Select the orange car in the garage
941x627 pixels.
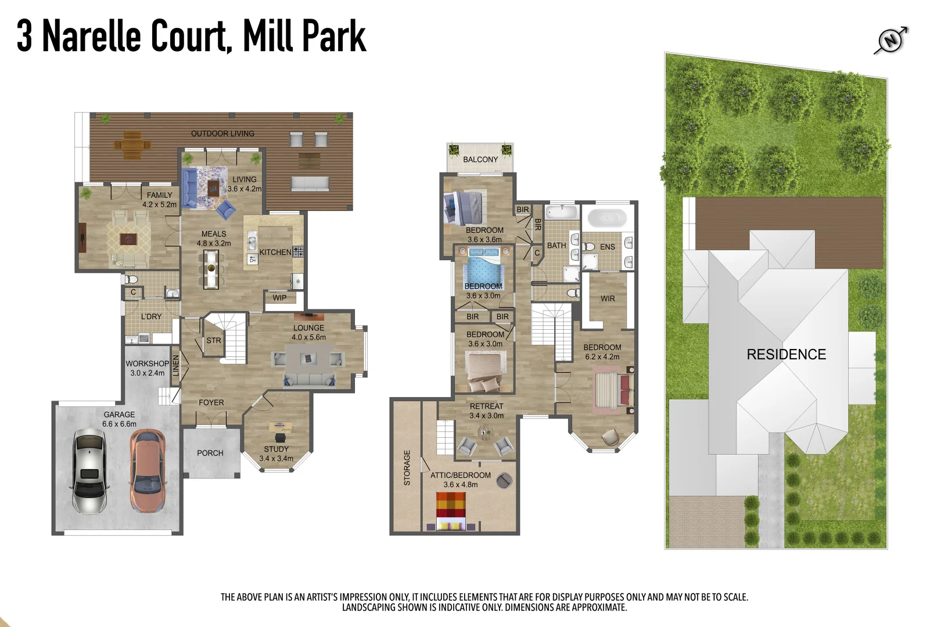[x=148, y=470]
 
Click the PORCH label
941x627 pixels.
[x=210, y=453]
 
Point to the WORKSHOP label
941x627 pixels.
[x=148, y=364]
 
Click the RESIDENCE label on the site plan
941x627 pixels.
[x=786, y=354]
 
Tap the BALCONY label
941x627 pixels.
[x=480, y=159]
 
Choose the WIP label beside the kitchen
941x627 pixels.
[x=279, y=298]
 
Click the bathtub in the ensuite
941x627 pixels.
[x=607, y=218]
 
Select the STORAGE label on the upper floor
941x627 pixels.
[x=407, y=467]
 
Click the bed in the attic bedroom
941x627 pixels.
[x=451, y=511]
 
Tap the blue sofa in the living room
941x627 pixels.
[x=188, y=188]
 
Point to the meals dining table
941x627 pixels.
[x=211, y=268]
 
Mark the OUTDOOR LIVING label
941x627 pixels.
[x=222, y=134]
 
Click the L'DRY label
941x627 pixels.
[x=151, y=316]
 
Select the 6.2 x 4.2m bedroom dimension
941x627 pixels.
[x=602, y=356]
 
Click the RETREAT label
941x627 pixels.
[x=486, y=406]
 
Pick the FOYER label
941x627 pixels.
[x=211, y=402]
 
